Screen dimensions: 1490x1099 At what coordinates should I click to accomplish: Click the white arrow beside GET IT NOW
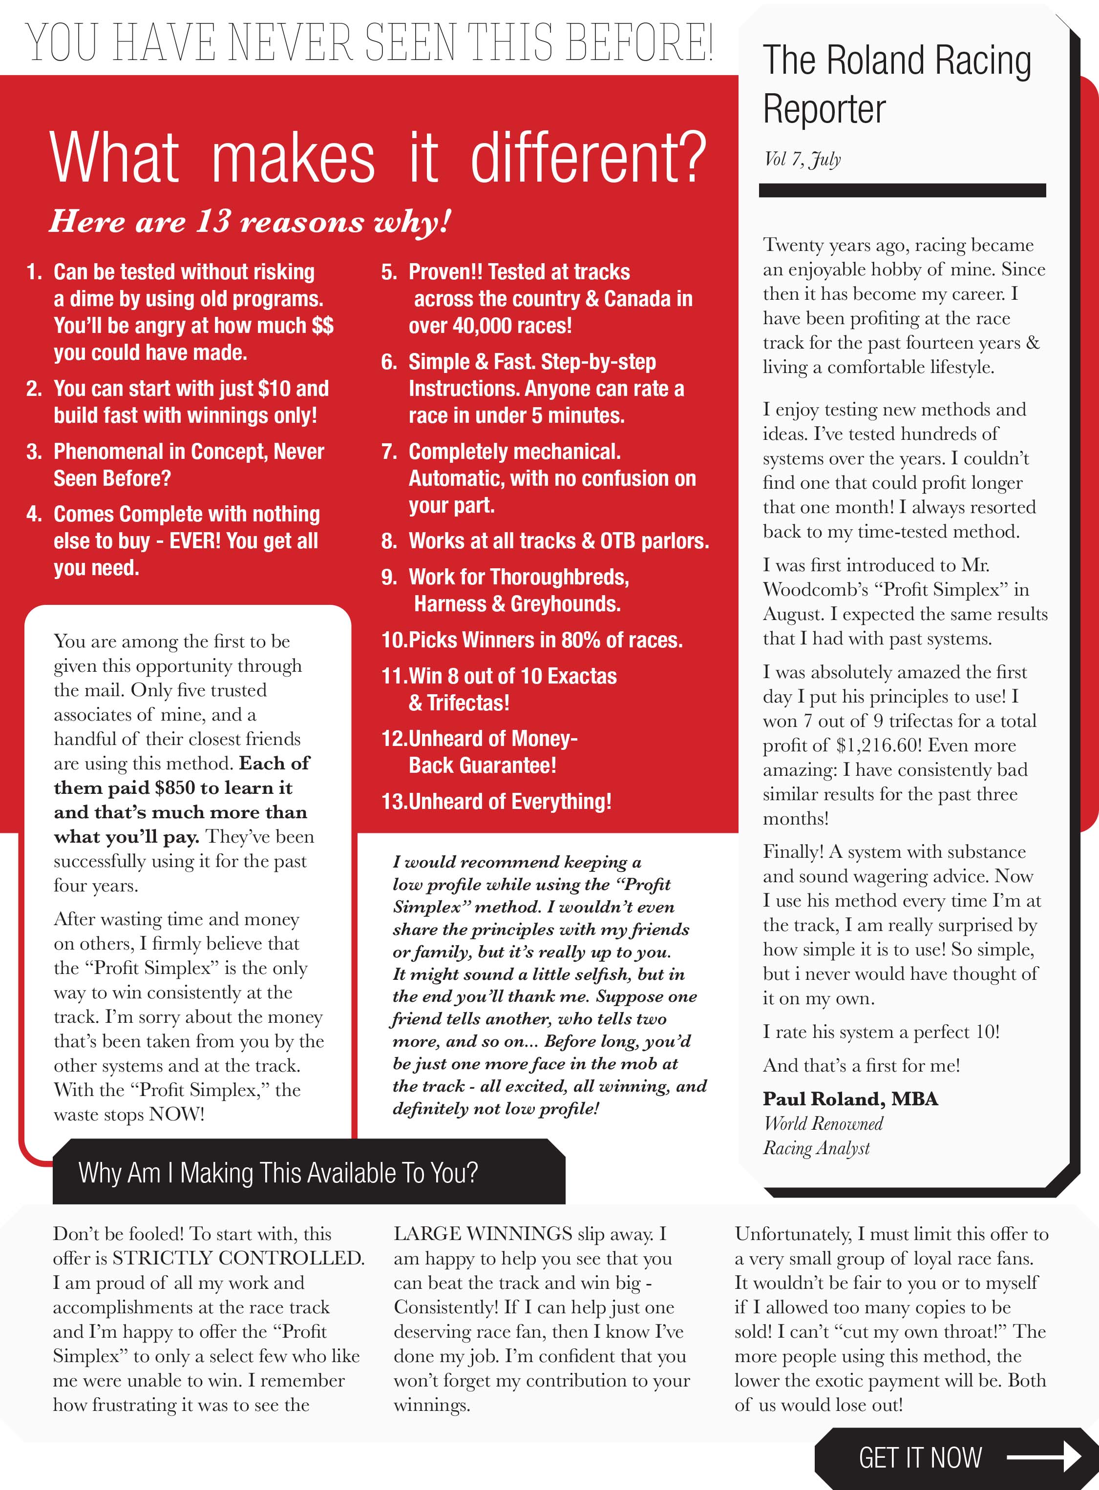click(x=1044, y=1457)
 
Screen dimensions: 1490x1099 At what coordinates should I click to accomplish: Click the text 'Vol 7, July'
click(x=803, y=159)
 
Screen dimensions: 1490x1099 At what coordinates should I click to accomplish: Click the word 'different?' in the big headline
click(x=588, y=158)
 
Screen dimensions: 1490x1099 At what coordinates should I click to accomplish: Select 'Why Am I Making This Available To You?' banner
click(x=278, y=1173)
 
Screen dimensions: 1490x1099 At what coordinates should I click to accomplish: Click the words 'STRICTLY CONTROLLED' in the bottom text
click(x=237, y=1258)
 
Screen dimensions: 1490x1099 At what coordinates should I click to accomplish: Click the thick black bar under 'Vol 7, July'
click(x=902, y=190)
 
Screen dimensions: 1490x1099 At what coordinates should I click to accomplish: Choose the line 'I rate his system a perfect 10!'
click(x=881, y=1032)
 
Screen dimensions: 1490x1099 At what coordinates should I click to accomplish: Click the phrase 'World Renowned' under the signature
click(x=823, y=1124)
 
